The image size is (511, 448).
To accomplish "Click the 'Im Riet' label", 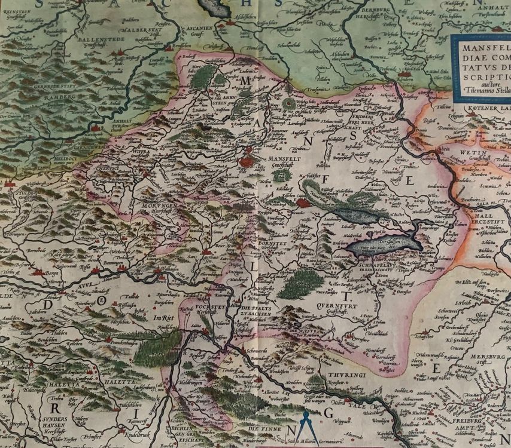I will [x=162, y=318].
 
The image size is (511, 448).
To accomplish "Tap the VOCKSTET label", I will [x=205, y=305].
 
